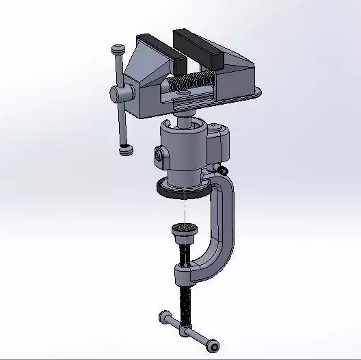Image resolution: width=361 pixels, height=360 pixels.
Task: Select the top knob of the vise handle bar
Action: [x=118, y=50]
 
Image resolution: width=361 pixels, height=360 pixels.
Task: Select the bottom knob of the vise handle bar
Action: [x=125, y=149]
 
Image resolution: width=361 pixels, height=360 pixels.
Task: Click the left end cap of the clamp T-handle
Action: [x=165, y=316]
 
